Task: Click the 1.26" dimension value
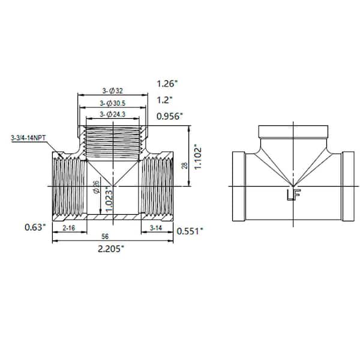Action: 167,84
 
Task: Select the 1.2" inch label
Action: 164,100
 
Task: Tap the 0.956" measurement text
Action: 169,116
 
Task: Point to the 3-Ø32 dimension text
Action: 113,91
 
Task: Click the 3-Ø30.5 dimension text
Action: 113,103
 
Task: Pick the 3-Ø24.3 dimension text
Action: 113,115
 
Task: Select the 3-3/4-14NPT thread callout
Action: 28,138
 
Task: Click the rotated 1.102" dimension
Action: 197,157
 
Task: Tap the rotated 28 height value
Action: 185,166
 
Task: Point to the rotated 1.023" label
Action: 109,199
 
